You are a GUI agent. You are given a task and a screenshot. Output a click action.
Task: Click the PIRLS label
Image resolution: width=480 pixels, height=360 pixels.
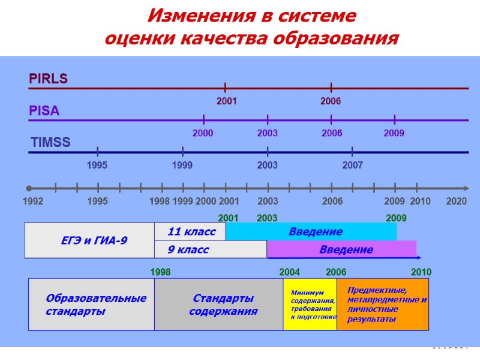tap(49, 79)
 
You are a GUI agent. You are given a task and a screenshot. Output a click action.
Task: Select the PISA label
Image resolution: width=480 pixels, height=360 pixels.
tap(44, 111)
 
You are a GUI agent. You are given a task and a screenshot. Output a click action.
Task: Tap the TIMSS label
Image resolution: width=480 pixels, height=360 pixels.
tap(50, 143)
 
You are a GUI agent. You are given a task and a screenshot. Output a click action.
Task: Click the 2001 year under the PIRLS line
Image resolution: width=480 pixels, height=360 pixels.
tap(226, 101)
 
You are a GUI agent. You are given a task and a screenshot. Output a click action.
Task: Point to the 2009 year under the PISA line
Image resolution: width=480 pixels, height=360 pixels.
tap(394, 133)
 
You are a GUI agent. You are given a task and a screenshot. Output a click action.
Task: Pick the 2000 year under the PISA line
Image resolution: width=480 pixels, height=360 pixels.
tap(203, 133)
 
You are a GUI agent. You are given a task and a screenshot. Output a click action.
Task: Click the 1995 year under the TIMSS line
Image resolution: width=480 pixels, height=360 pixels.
tap(97, 164)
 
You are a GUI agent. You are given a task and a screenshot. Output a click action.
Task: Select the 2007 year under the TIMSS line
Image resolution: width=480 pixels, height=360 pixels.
tap(352, 164)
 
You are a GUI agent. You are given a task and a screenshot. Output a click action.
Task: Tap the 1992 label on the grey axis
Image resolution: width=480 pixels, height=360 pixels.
tap(33, 202)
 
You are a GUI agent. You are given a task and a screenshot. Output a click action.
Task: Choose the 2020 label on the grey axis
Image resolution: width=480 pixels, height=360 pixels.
tap(457, 202)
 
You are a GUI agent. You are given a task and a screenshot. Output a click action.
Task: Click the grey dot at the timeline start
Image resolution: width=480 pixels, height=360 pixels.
tap(29, 188)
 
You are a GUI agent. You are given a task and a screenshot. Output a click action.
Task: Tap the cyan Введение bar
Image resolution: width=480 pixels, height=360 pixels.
tap(311, 232)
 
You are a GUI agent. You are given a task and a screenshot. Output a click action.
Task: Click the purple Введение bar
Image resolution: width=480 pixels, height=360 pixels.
tap(341, 250)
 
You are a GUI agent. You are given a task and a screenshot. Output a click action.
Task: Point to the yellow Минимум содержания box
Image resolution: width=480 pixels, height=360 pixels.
tap(310, 304)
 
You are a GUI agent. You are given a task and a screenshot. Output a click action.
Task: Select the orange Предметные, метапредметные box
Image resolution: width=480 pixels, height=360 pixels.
tap(383, 304)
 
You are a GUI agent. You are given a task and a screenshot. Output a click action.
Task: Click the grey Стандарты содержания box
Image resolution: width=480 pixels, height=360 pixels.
tap(219, 304)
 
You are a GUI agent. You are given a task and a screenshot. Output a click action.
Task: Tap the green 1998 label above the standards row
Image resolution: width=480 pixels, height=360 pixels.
tap(160, 272)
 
